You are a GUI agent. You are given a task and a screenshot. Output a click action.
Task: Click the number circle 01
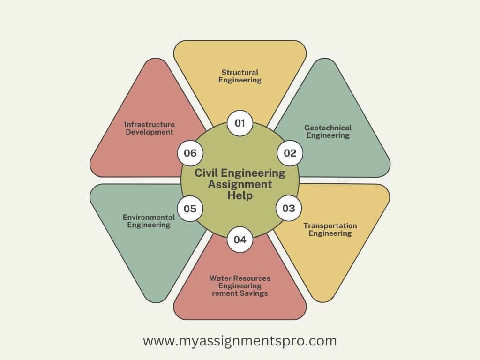[x=240, y=123]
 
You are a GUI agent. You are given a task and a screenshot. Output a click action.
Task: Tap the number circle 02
[x=290, y=153]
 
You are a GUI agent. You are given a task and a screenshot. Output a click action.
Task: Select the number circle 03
[x=289, y=208]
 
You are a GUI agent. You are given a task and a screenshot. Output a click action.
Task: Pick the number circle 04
[x=240, y=240]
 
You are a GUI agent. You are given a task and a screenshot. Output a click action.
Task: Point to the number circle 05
[x=190, y=209]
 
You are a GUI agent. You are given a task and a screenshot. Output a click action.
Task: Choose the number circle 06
[x=190, y=153]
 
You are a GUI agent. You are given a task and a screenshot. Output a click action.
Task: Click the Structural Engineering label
[x=240, y=76]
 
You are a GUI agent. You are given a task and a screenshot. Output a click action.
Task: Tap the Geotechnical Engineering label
[x=328, y=131]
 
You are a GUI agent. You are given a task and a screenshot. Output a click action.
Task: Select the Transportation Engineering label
[x=330, y=229]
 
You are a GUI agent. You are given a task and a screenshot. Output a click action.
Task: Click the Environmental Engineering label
[x=149, y=221]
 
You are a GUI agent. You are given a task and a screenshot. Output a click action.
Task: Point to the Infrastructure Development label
[x=150, y=128]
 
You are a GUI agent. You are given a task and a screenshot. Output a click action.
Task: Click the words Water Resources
[x=240, y=278]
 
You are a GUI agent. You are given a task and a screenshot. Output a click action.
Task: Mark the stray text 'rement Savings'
[x=240, y=293]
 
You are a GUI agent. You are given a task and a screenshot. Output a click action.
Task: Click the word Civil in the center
[x=205, y=173]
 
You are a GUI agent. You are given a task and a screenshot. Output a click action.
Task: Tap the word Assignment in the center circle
[x=240, y=184]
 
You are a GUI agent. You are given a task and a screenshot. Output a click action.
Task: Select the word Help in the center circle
[x=240, y=195]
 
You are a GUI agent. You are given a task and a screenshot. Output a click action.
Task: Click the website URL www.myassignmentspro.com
[x=240, y=341]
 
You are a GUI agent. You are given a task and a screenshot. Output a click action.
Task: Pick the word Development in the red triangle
[x=150, y=132]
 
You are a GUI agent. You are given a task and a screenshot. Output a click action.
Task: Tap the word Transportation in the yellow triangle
[x=330, y=225]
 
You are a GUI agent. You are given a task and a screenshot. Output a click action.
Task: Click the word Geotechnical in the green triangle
[x=328, y=127]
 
